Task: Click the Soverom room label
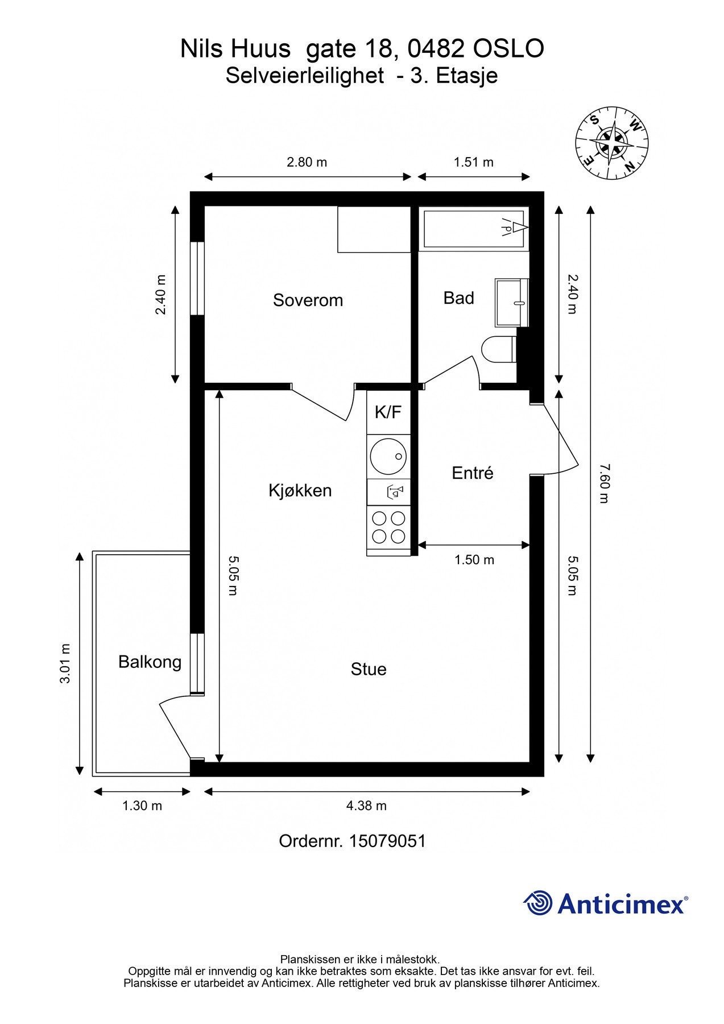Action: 308,300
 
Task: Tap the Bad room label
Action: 458,298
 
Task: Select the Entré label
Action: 472,473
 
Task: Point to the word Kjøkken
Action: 300,490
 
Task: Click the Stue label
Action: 368,669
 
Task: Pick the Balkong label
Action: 150,662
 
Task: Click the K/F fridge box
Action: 388,412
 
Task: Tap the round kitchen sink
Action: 388,456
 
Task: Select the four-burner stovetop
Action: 388,527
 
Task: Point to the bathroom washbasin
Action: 511,302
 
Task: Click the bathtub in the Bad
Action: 473,228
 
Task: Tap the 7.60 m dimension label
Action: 604,484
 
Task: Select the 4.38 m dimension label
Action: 366,806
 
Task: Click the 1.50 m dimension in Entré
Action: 474,560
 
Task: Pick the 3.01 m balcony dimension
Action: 65,663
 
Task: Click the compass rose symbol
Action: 611,143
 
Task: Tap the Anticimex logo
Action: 605,903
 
